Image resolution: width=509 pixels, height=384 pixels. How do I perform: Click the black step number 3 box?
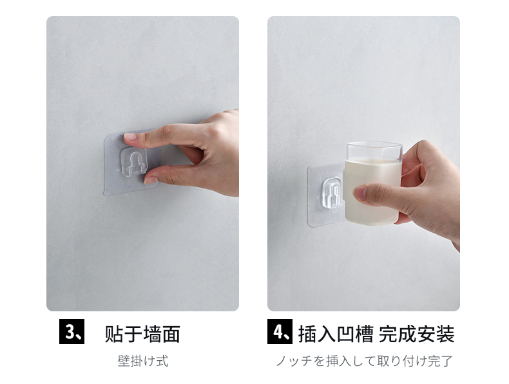click(x=72, y=331)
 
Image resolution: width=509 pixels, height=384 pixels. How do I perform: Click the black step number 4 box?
click(x=280, y=331)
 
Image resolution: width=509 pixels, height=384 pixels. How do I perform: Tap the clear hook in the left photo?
click(x=133, y=161)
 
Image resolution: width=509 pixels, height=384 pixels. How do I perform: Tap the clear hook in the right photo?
click(x=332, y=192)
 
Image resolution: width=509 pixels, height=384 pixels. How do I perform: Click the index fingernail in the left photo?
click(x=130, y=137)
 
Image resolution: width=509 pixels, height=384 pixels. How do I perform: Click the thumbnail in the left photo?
click(x=150, y=180)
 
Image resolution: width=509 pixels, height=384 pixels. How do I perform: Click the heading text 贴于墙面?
click(x=142, y=334)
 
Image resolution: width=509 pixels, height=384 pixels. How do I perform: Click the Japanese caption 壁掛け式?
click(x=143, y=361)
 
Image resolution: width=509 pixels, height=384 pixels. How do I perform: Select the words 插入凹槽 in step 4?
click(x=336, y=334)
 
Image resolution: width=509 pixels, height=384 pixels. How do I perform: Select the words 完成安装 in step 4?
click(x=416, y=334)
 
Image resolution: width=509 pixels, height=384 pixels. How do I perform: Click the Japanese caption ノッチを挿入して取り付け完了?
click(x=364, y=361)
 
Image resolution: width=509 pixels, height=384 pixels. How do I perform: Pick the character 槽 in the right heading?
click(x=364, y=334)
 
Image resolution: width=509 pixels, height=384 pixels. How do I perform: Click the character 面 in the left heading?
click(x=171, y=334)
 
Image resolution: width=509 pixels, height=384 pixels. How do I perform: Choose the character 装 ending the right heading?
click(x=445, y=334)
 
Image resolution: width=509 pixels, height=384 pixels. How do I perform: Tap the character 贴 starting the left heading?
click(x=113, y=334)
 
